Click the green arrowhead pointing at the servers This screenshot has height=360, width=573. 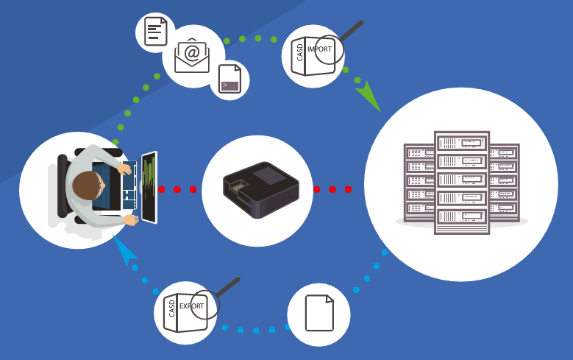(x=369, y=96)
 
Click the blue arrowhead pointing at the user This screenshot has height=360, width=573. (x=124, y=250)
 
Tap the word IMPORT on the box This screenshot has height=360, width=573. (x=320, y=49)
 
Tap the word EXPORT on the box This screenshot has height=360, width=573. (x=191, y=306)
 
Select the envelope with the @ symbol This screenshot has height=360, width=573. (x=192, y=55)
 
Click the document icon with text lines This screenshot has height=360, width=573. (x=156, y=32)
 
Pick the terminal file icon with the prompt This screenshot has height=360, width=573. (x=229, y=79)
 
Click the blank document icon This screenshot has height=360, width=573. (x=319, y=313)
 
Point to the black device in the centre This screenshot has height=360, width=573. (x=261, y=190)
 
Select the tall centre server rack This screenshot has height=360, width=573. (x=462, y=182)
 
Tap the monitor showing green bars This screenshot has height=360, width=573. (x=149, y=187)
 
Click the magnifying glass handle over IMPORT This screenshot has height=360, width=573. (x=351, y=31)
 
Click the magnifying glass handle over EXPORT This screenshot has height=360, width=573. (x=228, y=287)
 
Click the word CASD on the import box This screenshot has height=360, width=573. (x=299, y=52)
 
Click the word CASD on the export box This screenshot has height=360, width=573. (x=172, y=308)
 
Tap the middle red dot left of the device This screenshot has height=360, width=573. (x=177, y=189)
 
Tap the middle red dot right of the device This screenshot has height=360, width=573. (x=332, y=189)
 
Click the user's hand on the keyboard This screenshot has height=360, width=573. (x=124, y=169)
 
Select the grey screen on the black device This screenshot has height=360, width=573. (x=270, y=174)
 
